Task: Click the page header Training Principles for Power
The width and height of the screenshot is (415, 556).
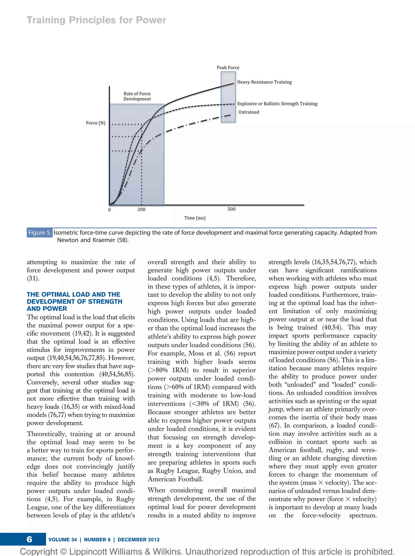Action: click(96, 20)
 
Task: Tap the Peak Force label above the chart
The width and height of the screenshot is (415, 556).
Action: click(228, 68)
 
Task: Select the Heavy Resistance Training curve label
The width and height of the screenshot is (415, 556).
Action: click(264, 82)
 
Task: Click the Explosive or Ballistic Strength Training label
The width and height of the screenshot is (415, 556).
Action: click(277, 104)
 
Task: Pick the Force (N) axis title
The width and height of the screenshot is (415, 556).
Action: click(95, 123)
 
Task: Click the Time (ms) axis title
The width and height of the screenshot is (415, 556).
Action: click(195, 218)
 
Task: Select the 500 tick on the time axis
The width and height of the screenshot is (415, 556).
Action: click(231, 209)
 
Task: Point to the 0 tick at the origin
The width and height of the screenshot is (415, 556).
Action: click(109, 210)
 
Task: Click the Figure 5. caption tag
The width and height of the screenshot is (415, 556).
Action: click(40, 232)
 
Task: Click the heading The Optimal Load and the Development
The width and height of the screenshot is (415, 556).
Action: click(74, 301)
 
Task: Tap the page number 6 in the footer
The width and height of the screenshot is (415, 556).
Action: click(29, 539)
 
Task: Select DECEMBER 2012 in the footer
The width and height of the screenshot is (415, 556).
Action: click(138, 540)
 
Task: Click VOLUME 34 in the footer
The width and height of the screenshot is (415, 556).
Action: click(63, 540)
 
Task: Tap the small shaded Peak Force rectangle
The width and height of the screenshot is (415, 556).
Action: click(228, 97)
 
